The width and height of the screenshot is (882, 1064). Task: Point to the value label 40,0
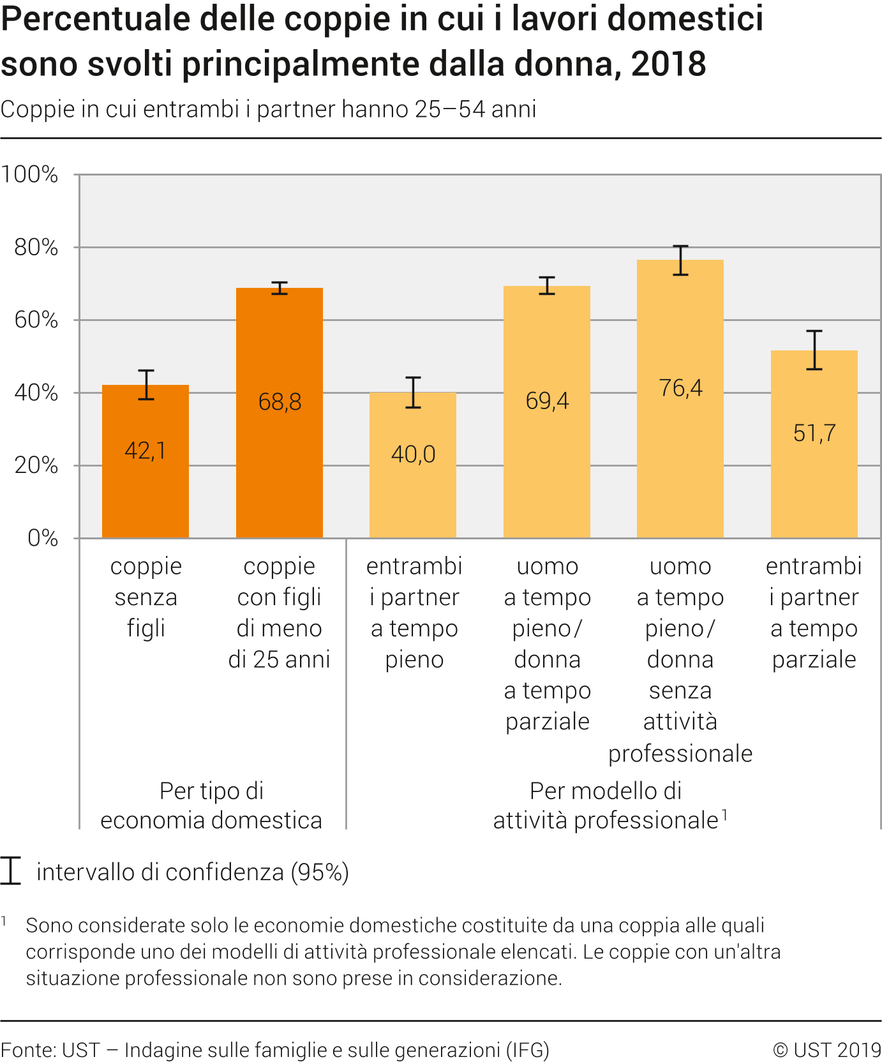click(414, 454)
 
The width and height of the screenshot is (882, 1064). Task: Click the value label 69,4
click(547, 401)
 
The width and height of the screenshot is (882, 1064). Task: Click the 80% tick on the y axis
click(36, 247)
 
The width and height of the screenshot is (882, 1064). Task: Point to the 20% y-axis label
click(36, 465)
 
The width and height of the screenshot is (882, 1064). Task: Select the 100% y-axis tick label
click(30, 174)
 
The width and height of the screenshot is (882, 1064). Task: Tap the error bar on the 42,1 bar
click(146, 385)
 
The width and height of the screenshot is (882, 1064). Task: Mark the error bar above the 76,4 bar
click(680, 260)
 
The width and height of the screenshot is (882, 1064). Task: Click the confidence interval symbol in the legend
click(11, 871)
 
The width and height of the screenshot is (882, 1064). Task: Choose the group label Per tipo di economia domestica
click(211, 805)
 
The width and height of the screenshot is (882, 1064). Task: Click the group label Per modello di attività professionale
click(606, 805)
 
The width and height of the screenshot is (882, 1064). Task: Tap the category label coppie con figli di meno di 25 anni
click(280, 613)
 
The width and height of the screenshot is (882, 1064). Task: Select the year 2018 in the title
click(669, 64)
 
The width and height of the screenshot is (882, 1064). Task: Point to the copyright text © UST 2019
click(826, 1050)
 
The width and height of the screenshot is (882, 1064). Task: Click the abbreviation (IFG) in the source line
click(527, 1050)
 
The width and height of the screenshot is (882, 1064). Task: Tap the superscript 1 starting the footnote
click(4, 921)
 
